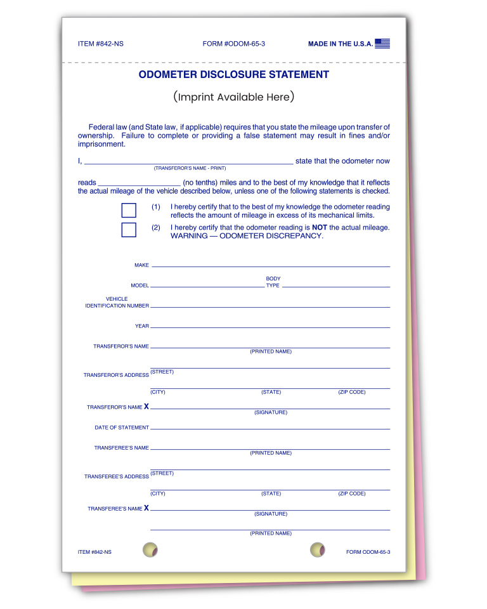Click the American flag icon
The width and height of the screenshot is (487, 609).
382,44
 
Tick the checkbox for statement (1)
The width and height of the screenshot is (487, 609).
129,211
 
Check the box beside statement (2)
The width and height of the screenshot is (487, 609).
129,230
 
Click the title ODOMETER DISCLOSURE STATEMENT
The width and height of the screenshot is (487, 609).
234,75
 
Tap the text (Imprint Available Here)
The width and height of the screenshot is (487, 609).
234,97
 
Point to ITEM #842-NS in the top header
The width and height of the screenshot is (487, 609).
96,44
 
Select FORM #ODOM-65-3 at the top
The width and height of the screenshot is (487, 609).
234,44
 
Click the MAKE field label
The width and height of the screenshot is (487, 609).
141,265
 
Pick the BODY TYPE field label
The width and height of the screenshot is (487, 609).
273,282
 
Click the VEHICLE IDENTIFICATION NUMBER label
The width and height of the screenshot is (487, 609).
117,303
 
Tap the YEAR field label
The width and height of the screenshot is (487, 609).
142,326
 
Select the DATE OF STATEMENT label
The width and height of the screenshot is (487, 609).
122,428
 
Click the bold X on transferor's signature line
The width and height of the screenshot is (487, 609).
146,407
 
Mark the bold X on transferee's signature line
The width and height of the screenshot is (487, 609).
146,508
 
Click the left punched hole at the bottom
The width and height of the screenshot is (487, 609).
150,550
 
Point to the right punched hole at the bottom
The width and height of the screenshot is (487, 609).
318,550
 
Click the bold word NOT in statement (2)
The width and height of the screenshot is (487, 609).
320,227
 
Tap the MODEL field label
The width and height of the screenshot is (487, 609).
140,285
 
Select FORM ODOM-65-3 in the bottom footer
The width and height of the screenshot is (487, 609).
368,553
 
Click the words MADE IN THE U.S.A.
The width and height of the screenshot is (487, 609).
341,44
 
